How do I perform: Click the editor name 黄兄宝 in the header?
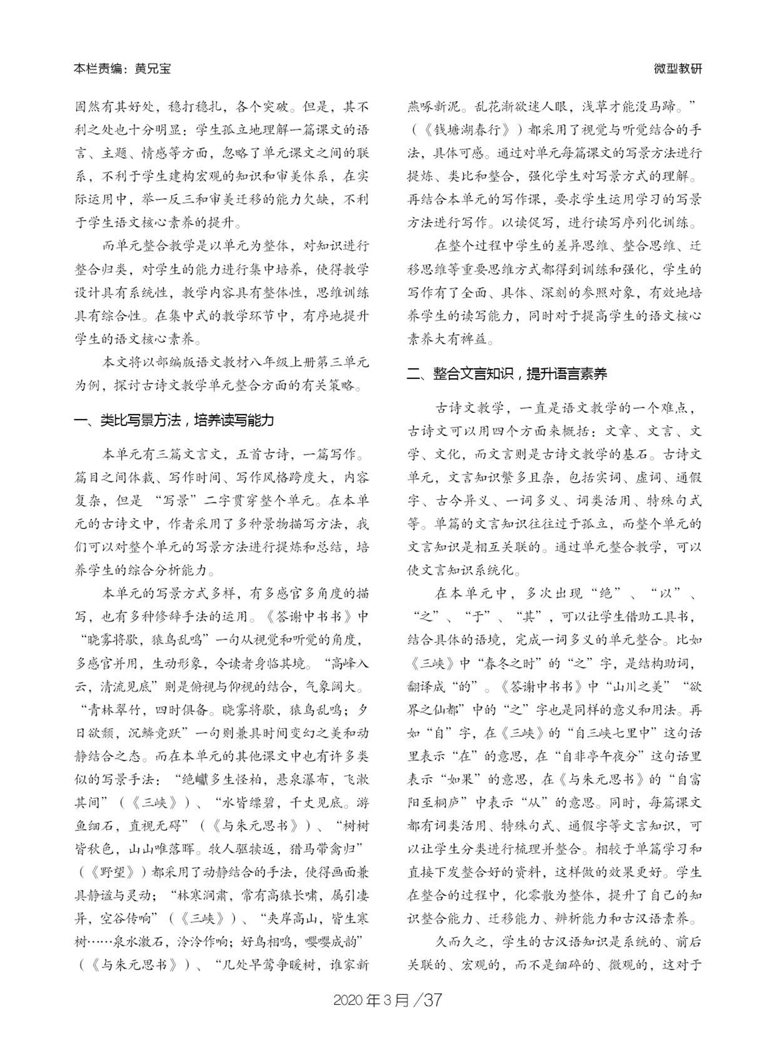point(153,69)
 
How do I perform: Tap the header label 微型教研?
point(678,69)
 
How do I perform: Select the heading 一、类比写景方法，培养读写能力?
point(174,420)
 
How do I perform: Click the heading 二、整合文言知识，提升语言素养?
point(507,374)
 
